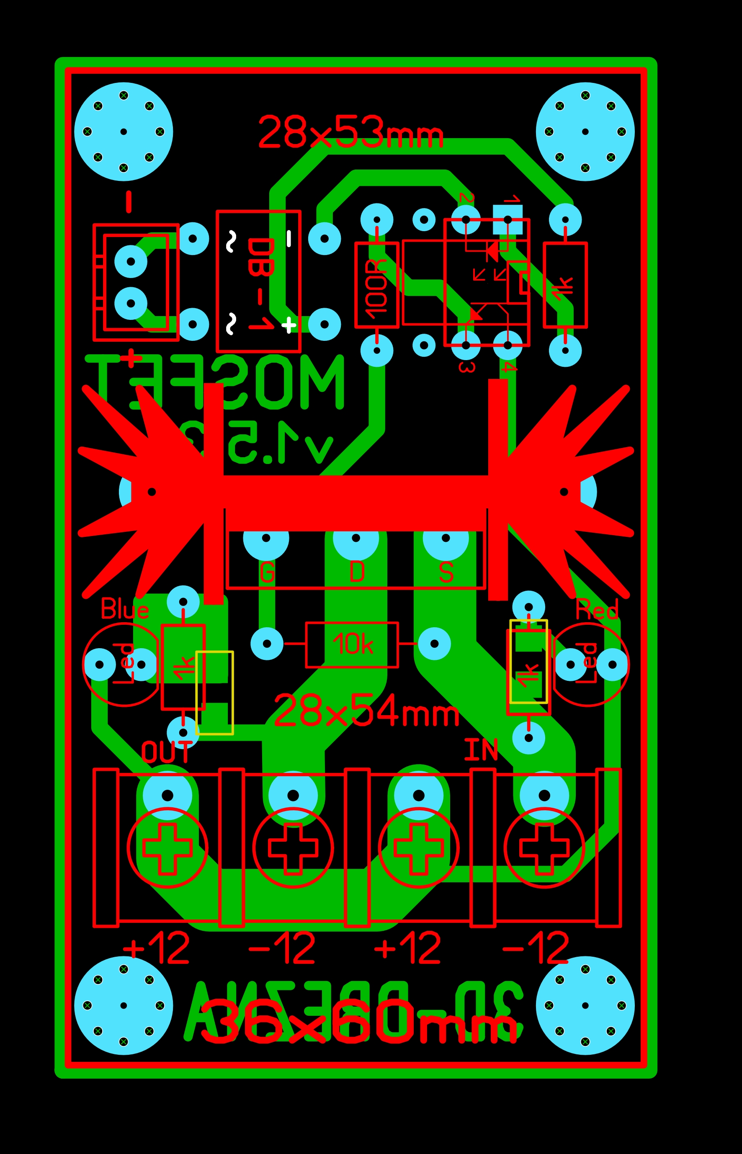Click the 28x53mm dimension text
pos(350,132)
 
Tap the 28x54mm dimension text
pos(366,711)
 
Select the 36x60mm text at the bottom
pos(359,1022)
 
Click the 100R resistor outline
pos(377,285)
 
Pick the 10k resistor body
pos(352,645)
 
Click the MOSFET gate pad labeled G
pos(266,538)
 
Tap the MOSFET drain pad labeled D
pos(356,538)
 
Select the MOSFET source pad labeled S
pos(446,538)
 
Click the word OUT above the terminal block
pos(166,752)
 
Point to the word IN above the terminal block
pos(480,750)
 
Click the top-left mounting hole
pos(124,131)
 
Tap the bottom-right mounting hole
pos(585,1006)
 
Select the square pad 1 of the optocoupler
pos(508,220)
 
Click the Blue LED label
pos(124,610)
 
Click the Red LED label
pos(597,610)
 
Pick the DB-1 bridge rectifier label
pos(260,284)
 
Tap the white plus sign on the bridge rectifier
pos(289,325)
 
